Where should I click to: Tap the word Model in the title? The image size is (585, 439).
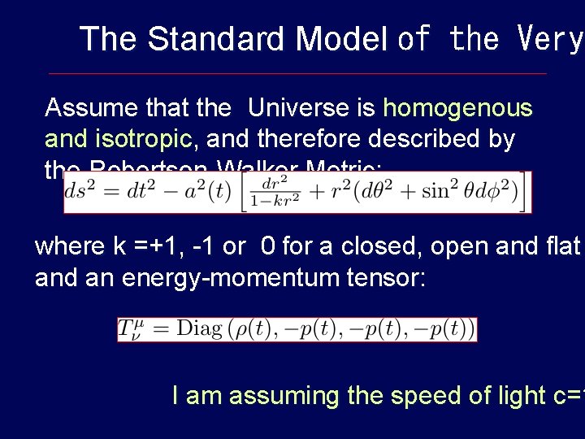tap(341, 39)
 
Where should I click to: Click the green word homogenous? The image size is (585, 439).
tap(457, 108)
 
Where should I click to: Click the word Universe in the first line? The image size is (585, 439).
tap(311, 108)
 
